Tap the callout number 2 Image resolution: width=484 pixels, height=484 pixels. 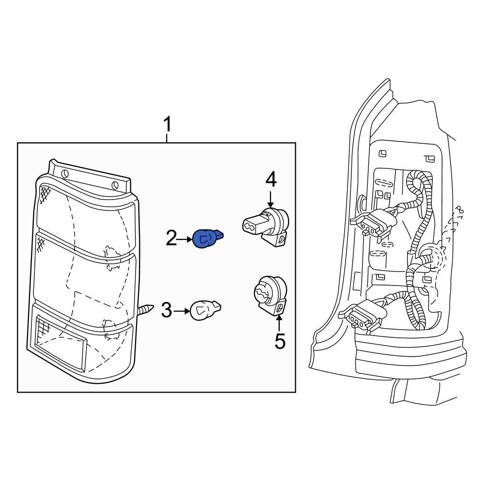click(x=171, y=238)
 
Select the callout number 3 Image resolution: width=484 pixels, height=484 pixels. click(x=166, y=310)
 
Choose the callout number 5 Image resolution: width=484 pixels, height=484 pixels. click(x=280, y=342)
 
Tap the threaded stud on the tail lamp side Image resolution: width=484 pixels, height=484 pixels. click(x=147, y=308)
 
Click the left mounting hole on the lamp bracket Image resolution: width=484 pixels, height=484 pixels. click(x=65, y=174)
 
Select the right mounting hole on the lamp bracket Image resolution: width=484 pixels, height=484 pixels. click(x=115, y=184)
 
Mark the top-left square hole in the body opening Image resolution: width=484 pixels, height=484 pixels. click(x=382, y=154)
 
